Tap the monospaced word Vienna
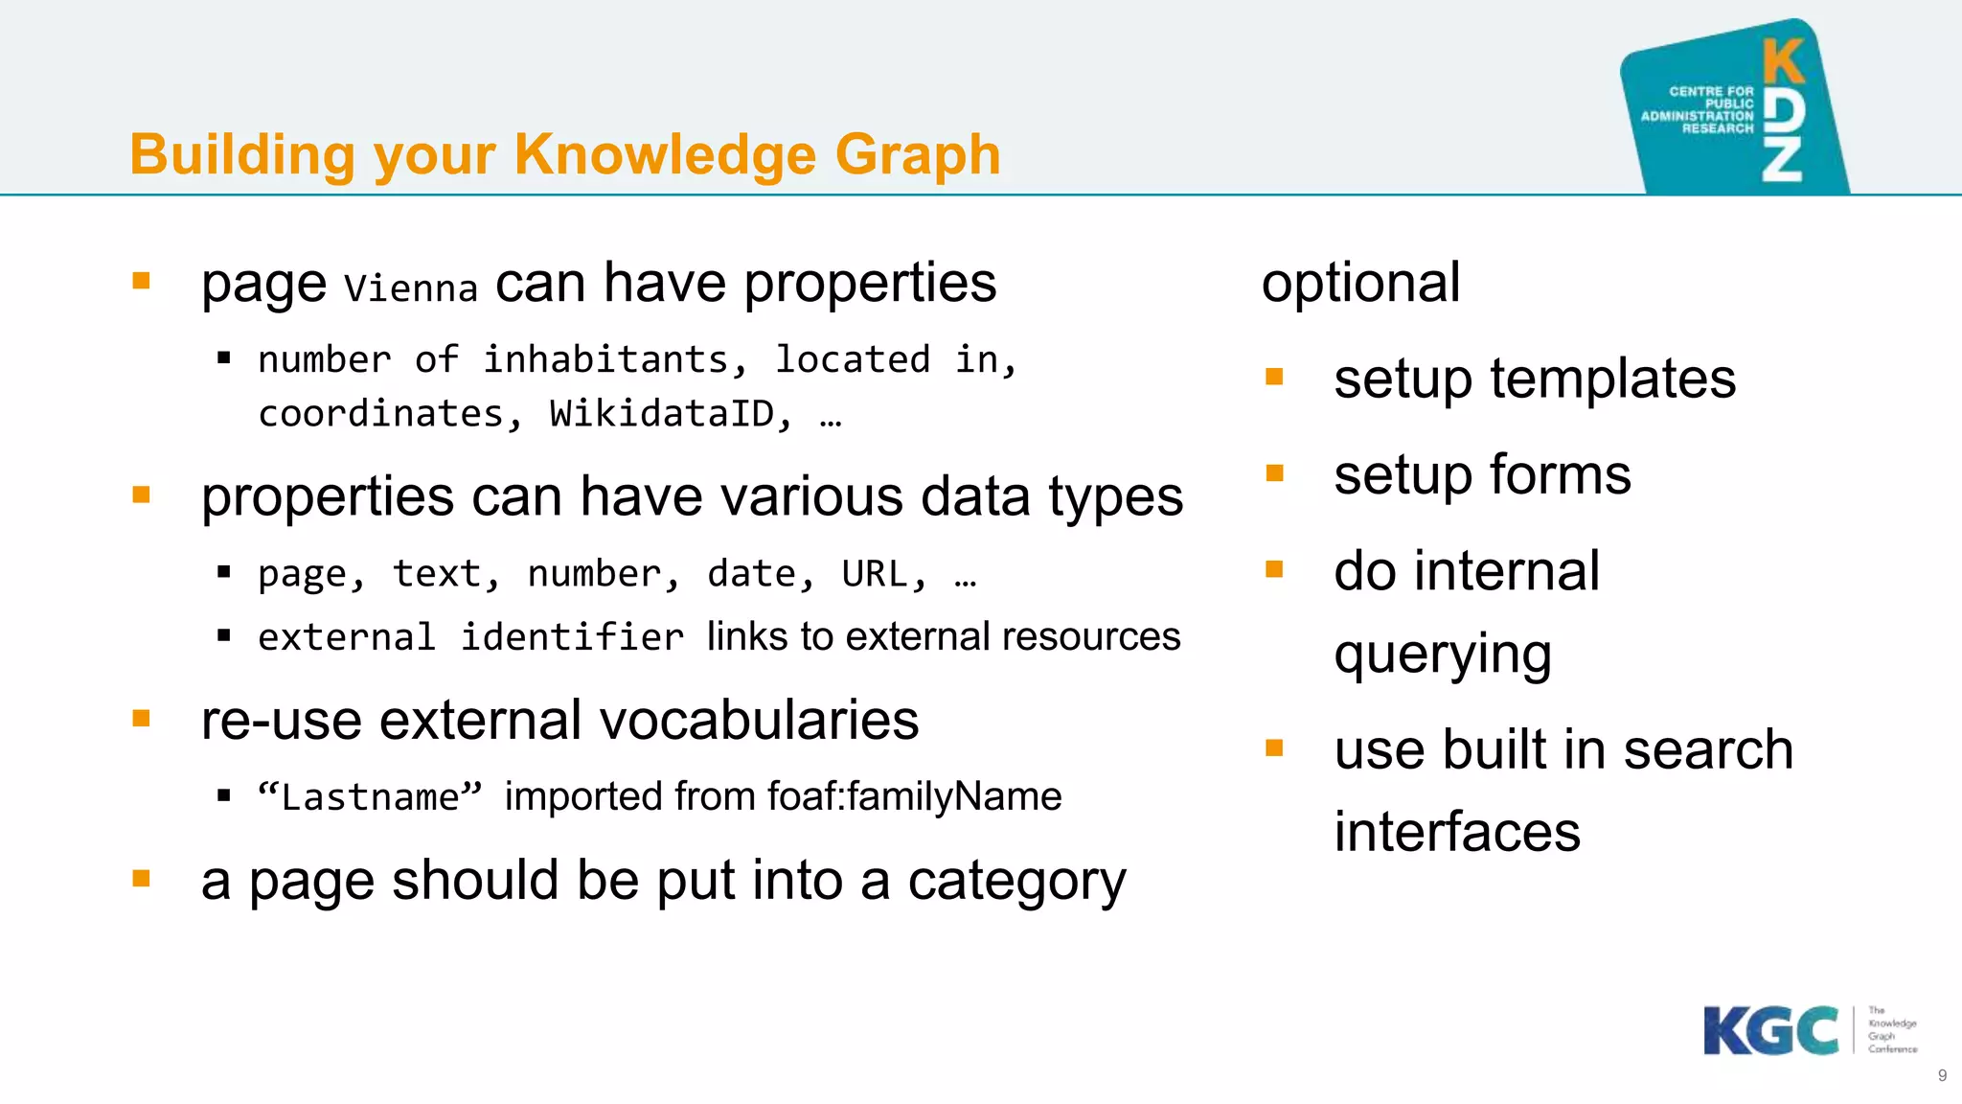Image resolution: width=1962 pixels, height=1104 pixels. [x=410, y=288]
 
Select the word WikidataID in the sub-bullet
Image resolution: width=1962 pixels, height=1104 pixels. [x=661, y=414]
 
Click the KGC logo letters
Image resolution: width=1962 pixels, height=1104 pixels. [x=1770, y=1031]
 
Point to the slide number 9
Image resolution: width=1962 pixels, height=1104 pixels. [x=1942, y=1075]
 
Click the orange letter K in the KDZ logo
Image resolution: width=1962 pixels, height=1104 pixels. [x=1783, y=62]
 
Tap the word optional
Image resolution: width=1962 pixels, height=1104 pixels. [x=1360, y=284]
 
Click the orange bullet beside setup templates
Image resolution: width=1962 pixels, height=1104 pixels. [x=1274, y=377]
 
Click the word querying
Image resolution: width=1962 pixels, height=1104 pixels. [x=1442, y=655]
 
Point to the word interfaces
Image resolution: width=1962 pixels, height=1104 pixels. [x=1456, y=832]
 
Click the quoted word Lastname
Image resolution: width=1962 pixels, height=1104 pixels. [x=370, y=797]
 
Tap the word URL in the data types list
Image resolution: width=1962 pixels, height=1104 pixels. [x=873, y=574]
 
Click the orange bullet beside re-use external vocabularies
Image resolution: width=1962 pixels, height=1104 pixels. [x=142, y=719]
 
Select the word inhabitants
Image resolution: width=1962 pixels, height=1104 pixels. [x=605, y=360]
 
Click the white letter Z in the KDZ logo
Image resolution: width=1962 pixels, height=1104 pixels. [x=1783, y=159]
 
